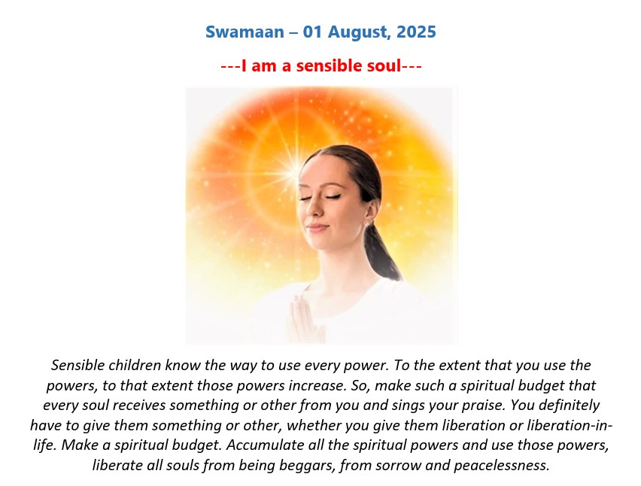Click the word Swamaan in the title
click(x=245, y=32)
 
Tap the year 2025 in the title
click(x=416, y=32)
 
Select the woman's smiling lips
click(x=317, y=227)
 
